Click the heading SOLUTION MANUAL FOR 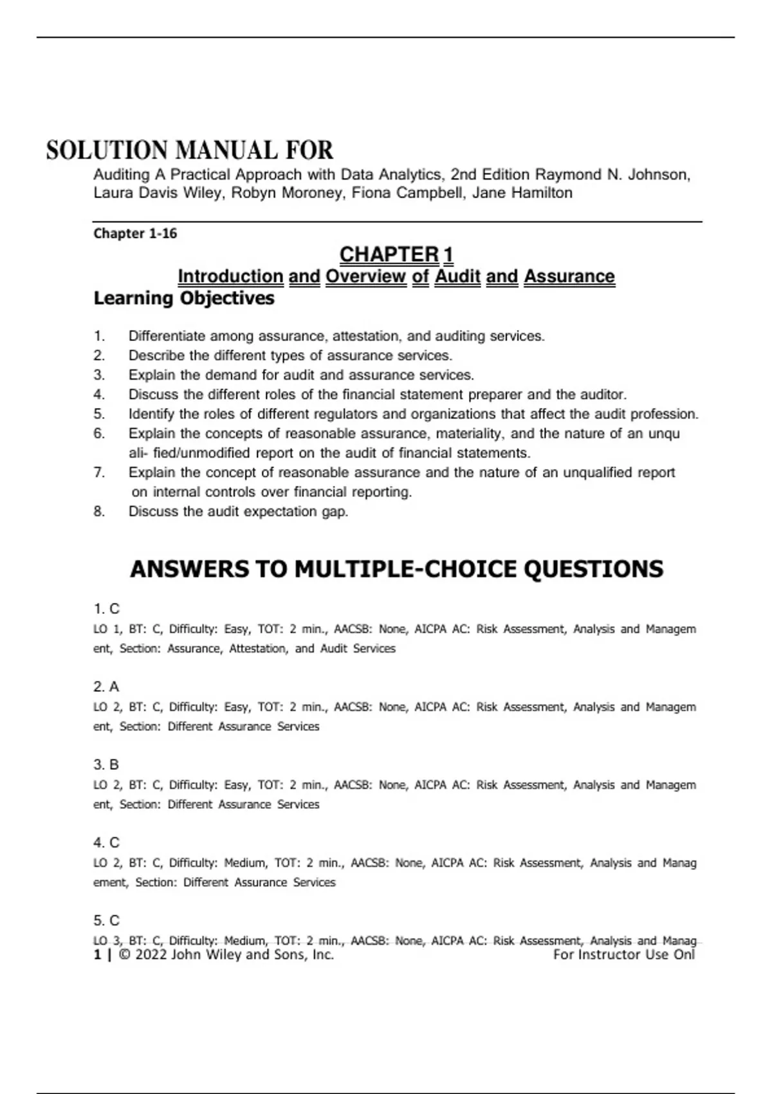[x=190, y=151]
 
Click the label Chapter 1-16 [x=135, y=234]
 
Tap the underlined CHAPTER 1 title [x=396, y=255]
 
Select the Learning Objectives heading [x=184, y=299]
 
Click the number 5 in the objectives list [x=98, y=414]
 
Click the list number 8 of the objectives [x=98, y=512]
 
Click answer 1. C [x=106, y=609]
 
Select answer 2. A [x=106, y=687]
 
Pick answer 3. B [x=106, y=765]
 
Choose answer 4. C [x=106, y=842]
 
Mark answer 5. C [x=106, y=920]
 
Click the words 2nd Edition [x=490, y=175]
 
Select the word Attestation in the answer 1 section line [x=258, y=649]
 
